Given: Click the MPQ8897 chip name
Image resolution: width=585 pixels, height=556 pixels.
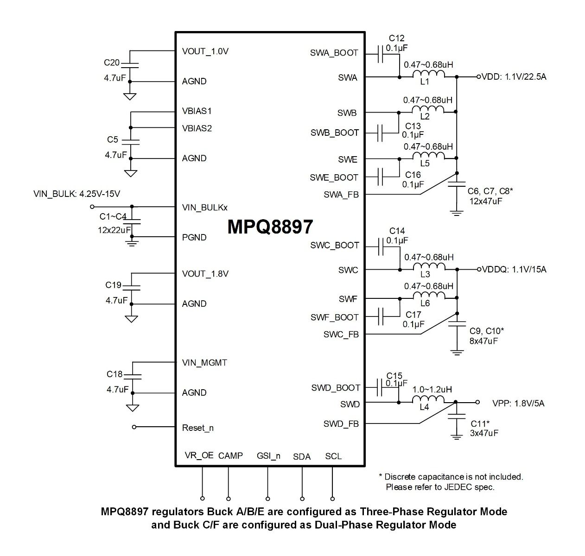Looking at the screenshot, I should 270,227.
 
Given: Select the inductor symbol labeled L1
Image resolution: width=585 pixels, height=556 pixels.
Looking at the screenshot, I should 429,75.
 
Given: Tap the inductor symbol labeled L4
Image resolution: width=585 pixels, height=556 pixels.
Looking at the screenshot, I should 428,400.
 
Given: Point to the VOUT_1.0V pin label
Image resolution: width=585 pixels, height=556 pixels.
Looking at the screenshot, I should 205,51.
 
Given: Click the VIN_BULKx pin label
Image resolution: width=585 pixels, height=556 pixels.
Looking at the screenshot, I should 205,207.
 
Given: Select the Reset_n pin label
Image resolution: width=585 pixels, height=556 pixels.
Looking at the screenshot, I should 198,428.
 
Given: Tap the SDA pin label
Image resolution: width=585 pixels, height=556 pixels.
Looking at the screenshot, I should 302,457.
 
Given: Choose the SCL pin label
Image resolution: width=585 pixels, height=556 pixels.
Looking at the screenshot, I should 333,456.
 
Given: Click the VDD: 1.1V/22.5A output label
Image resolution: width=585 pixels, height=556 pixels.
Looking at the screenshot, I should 514,77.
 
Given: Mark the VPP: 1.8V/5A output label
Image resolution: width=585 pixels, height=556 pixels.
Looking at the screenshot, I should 518,404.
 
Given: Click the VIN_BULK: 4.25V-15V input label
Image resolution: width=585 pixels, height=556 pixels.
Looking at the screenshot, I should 77,194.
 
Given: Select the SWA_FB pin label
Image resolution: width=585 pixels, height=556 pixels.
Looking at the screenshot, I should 341,195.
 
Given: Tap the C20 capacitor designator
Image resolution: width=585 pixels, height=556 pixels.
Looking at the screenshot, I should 112,63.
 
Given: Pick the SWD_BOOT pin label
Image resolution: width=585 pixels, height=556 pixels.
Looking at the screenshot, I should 336,388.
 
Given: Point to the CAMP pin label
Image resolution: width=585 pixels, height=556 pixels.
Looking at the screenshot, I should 230,456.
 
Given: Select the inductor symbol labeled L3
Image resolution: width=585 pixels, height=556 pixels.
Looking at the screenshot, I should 429,267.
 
